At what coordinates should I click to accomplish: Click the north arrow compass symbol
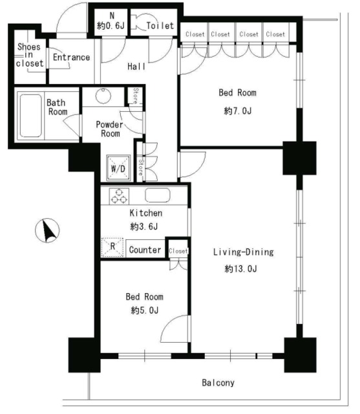[47, 230]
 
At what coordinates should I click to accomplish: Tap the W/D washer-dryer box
[118, 168]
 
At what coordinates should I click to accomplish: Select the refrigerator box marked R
[112, 247]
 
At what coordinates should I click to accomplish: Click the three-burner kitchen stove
[119, 196]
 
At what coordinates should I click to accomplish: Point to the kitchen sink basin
[158, 195]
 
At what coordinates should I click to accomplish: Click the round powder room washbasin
[103, 96]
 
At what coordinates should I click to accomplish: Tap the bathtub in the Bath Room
[31, 116]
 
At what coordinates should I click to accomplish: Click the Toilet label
[160, 26]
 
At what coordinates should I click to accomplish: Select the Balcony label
[218, 382]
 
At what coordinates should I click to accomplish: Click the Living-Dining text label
[244, 252]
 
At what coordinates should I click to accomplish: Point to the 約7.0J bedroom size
[238, 111]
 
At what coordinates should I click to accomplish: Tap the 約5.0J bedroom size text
[145, 310]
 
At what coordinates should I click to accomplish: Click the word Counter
[145, 250]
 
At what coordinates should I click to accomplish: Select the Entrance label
[71, 57]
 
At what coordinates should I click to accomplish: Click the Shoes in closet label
[29, 55]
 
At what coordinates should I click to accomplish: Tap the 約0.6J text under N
[111, 26]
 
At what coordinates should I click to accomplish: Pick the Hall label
[136, 66]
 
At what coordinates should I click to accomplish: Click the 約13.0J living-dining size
[241, 269]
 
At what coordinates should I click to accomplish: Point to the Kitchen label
[146, 213]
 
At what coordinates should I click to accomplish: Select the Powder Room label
[109, 129]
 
